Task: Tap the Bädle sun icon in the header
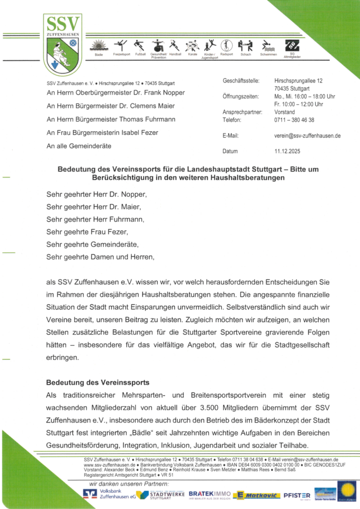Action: point(98,46)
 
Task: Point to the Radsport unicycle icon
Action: point(226,45)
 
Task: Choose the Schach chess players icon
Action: point(245,45)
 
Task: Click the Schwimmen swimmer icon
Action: point(268,46)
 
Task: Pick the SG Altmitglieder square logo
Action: point(292,45)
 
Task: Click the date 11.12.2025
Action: point(288,151)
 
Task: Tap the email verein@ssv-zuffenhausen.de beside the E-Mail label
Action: point(307,135)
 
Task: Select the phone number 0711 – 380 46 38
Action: point(294,120)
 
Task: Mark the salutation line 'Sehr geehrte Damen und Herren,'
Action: point(100,257)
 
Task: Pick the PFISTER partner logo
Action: point(297,495)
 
